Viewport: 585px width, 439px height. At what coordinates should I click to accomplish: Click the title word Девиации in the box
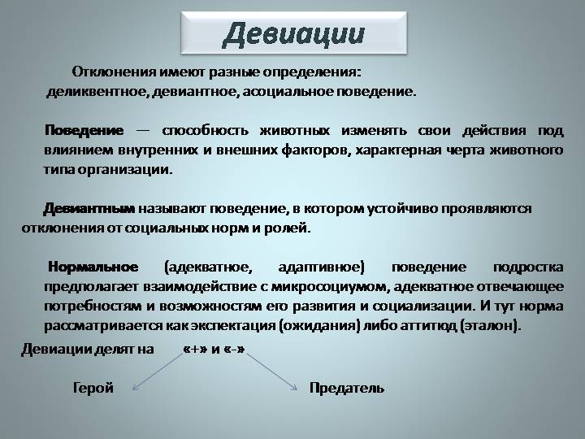pyautogui.click(x=293, y=34)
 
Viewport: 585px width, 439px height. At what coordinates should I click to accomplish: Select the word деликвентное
pyautogui.click(x=97, y=91)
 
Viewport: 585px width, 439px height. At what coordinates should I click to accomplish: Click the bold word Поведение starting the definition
pyautogui.click(x=84, y=131)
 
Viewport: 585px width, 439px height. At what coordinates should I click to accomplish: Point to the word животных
pyautogui.click(x=295, y=131)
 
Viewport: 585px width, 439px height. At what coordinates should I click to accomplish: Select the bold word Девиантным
pyautogui.click(x=89, y=208)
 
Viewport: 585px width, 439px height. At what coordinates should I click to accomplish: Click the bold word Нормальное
pyautogui.click(x=93, y=267)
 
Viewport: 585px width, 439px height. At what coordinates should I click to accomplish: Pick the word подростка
pyautogui.click(x=528, y=267)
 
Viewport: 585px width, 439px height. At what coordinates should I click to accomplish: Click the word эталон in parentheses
pyautogui.click(x=489, y=325)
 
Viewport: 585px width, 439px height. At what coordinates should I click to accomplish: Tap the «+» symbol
pyautogui.click(x=196, y=349)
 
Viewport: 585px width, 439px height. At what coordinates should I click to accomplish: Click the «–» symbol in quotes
pyautogui.click(x=234, y=349)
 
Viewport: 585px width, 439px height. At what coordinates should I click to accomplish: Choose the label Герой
pyautogui.click(x=93, y=388)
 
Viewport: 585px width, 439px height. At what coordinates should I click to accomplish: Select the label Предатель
pyautogui.click(x=347, y=388)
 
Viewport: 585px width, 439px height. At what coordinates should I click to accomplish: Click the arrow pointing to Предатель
pyautogui.click(x=271, y=372)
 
